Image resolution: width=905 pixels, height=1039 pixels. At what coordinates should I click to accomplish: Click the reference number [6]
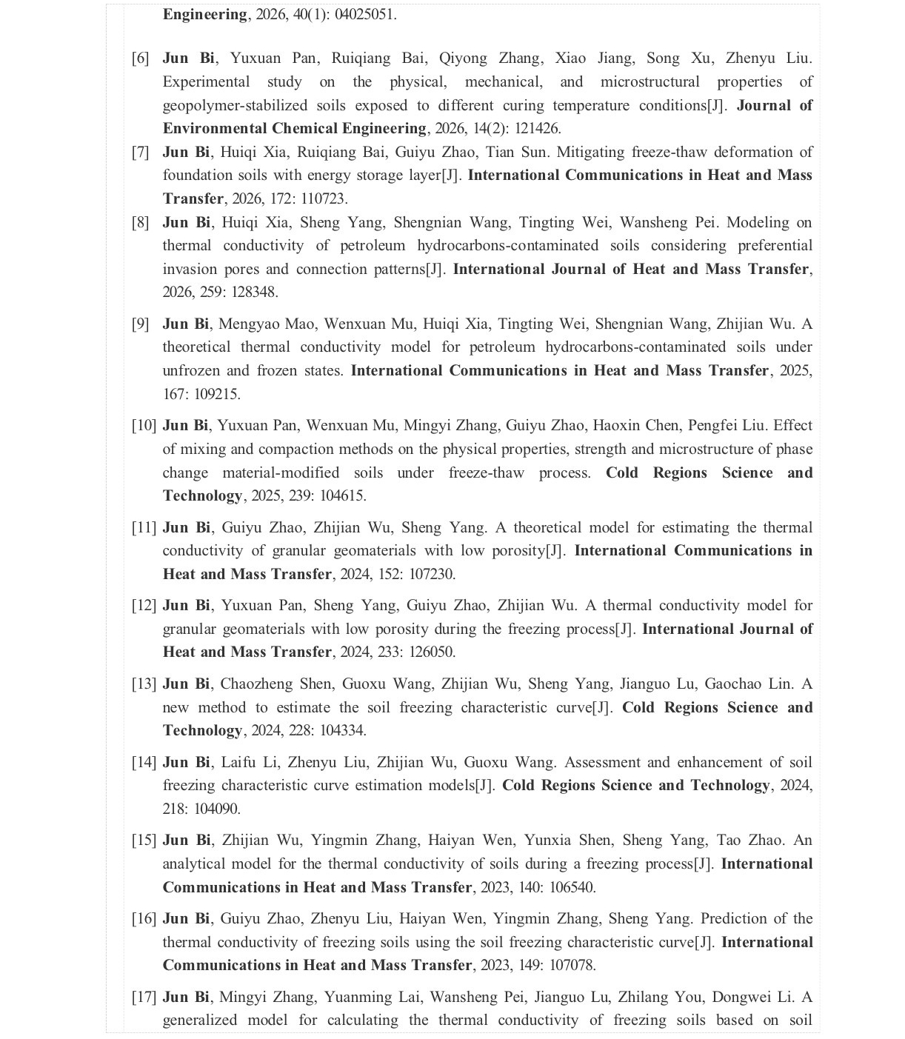[x=140, y=59]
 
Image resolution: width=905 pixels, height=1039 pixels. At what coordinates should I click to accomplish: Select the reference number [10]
[x=144, y=426]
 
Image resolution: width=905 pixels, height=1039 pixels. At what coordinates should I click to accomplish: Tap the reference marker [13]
[x=144, y=684]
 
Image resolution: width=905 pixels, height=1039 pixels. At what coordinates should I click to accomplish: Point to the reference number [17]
[x=144, y=998]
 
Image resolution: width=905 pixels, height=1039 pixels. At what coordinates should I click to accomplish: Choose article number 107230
[x=432, y=575]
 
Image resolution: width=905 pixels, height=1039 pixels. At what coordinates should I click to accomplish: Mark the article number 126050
[x=432, y=652]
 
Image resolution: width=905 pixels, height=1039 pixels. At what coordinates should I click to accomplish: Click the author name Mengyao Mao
[x=267, y=324]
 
